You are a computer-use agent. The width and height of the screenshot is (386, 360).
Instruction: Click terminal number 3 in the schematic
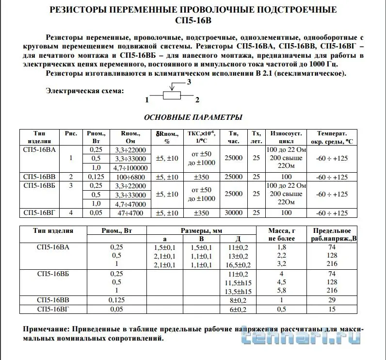pos(190,82)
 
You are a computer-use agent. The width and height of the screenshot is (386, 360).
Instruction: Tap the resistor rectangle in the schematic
pos(172,96)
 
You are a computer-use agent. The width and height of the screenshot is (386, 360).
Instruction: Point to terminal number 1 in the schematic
pos(146,100)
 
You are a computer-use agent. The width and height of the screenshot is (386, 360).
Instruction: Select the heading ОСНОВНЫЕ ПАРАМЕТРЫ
pos(193,117)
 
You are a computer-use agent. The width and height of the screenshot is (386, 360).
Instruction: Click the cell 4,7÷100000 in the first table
pos(130,167)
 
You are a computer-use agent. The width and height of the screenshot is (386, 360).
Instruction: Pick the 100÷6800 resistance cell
pos(130,177)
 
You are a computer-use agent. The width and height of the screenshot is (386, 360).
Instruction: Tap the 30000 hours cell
pos(234,213)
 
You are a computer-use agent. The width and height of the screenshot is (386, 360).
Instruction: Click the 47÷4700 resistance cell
pos(130,213)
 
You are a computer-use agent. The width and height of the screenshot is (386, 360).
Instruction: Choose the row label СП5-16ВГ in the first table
pos(39,213)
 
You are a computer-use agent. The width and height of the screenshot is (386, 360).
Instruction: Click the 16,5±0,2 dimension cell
pos(239,265)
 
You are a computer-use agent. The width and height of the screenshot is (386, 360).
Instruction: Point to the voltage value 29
pos(332,300)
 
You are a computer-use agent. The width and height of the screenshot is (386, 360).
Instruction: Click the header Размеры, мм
pos(201,231)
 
